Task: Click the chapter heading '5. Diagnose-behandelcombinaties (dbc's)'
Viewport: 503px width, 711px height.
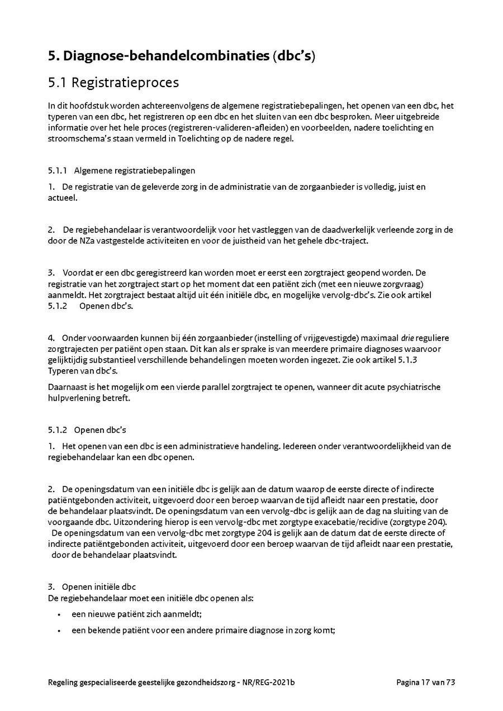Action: tap(181, 56)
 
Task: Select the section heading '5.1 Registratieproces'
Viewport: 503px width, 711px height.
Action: tap(113, 83)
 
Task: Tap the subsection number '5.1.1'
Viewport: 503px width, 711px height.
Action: tap(58, 170)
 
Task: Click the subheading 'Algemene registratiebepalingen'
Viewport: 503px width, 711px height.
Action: tap(134, 170)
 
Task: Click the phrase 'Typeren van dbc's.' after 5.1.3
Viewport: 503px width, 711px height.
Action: tap(83, 371)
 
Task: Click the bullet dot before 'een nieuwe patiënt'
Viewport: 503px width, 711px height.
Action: tap(59, 614)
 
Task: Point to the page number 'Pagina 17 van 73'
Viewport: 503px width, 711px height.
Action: tap(426, 682)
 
